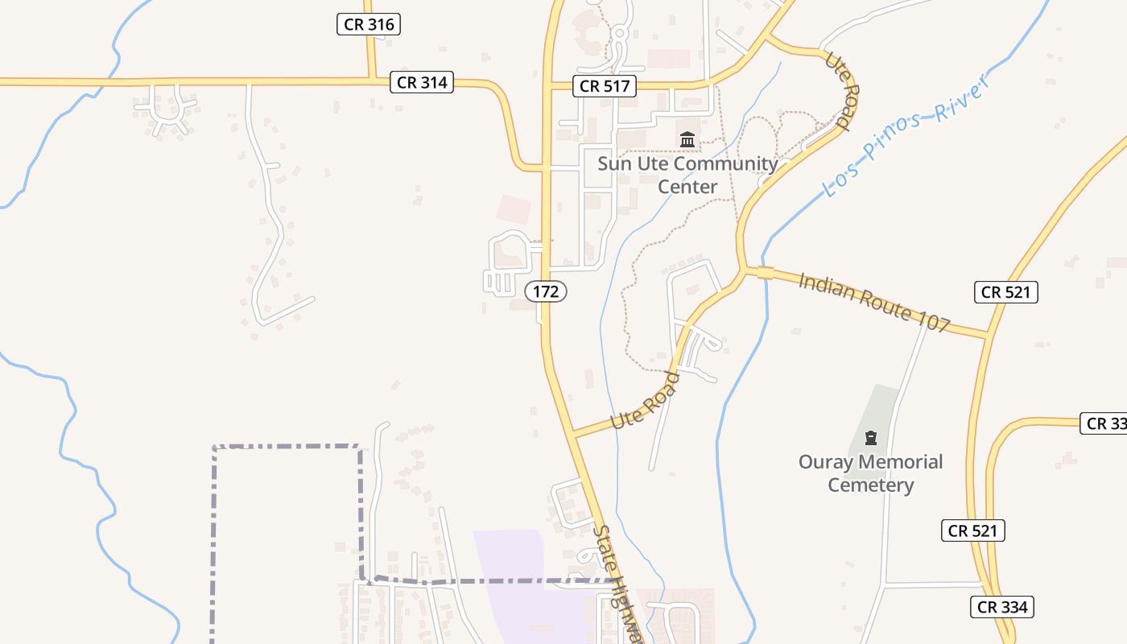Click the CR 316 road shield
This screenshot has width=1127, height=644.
pos(368,24)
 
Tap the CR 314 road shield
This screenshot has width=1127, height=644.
pos(422,81)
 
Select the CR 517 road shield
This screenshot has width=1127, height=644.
pos(605,86)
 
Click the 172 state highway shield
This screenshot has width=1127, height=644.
pos(546,291)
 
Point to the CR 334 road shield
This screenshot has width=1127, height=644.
pos(1001,607)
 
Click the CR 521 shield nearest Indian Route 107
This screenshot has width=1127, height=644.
pos(1005,292)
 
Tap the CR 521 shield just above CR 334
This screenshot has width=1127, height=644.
pos(972,530)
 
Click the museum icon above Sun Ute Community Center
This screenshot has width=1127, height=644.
pos(687,140)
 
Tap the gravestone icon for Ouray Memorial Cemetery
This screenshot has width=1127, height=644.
pos(870,439)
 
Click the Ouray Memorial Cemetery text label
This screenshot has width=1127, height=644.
pos(870,473)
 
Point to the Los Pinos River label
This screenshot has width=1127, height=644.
pos(906,134)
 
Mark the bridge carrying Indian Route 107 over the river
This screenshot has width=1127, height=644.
pos(765,273)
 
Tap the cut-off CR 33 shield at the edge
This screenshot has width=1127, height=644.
pos(1105,423)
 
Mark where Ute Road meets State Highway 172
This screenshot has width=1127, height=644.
pos(574,435)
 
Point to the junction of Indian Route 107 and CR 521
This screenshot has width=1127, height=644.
pos(987,336)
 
